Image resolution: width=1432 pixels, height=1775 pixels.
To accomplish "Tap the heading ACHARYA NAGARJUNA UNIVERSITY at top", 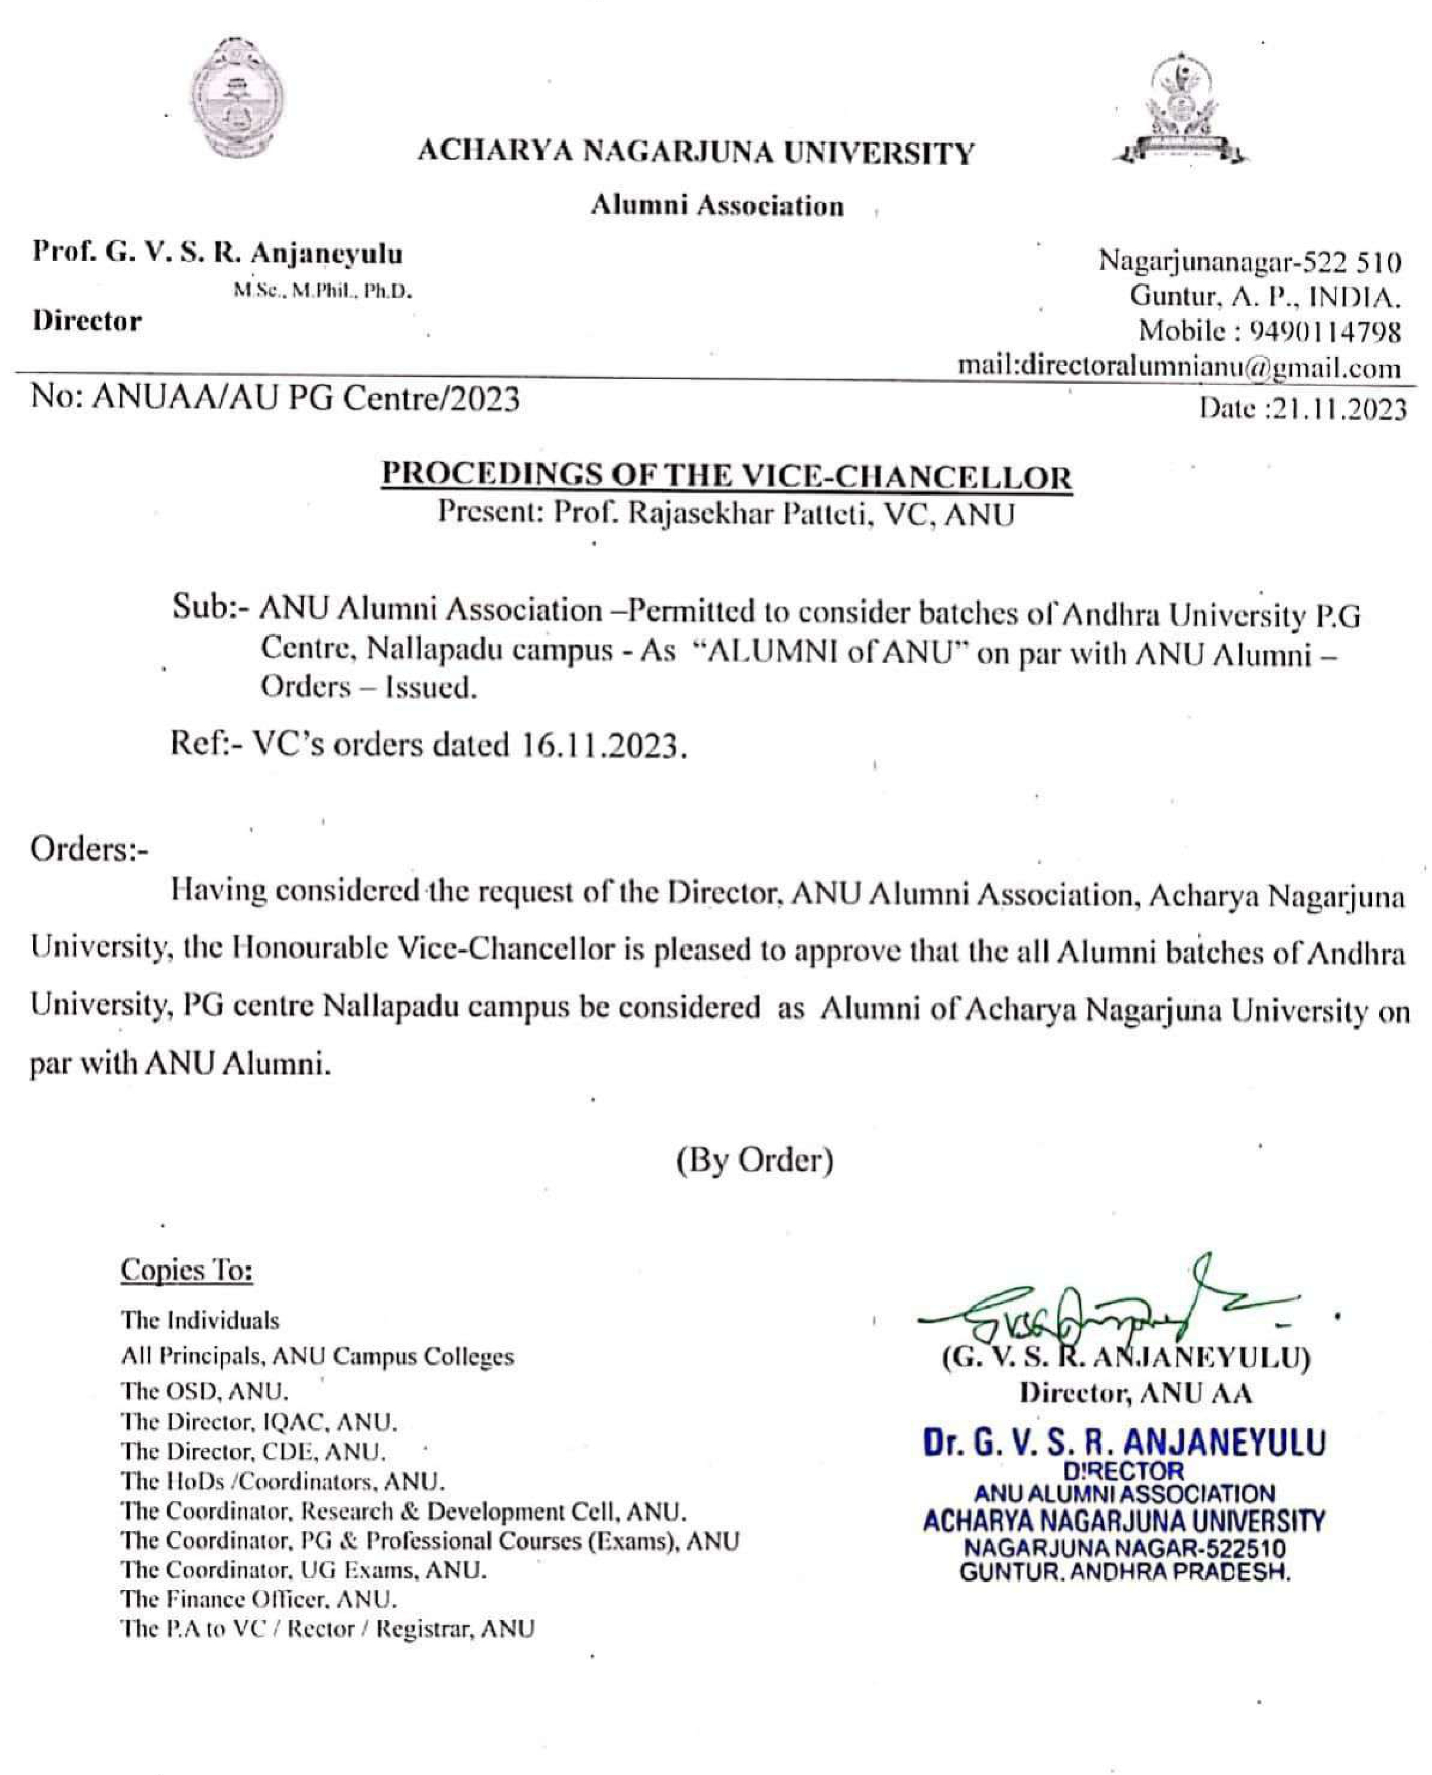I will [695, 154].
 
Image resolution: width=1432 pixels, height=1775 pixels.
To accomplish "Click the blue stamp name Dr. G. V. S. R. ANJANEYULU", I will [1124, 1442].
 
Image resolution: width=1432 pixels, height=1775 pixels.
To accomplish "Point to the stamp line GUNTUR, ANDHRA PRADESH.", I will [1124, 1572].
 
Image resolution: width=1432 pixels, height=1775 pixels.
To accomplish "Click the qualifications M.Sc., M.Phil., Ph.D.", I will [323, 291].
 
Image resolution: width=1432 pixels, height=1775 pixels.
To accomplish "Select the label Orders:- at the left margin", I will [89, 850].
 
